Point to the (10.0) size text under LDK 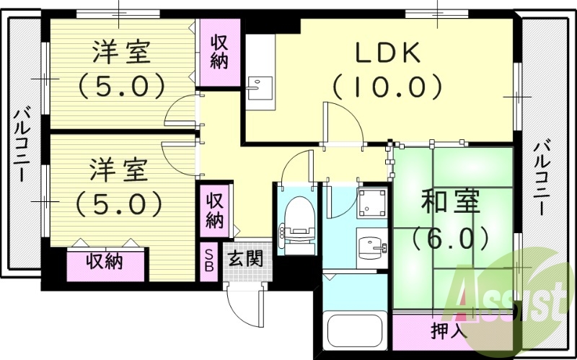pos(387,87)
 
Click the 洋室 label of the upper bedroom pos(120,53)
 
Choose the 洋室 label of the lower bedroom pos(119,172)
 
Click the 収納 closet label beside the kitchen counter pos(219,52)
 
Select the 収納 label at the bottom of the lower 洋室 pos(105,261)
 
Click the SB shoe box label pos(208,260)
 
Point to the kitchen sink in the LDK pos(256,87)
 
